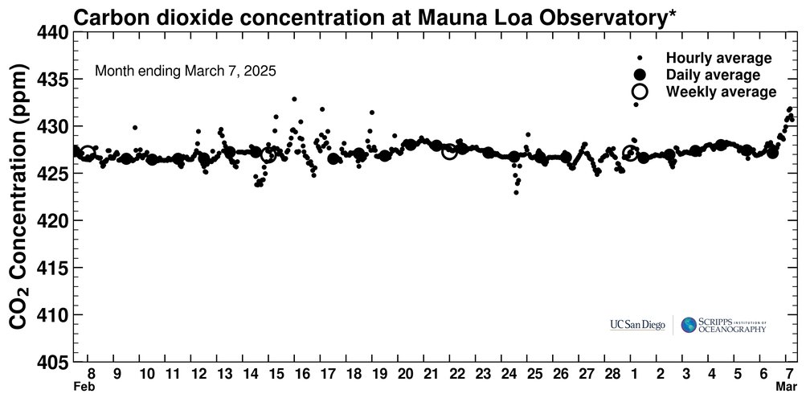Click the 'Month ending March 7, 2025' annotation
(x=186, y=71)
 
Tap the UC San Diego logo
(x=637, y=325)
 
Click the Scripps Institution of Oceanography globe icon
(x=689, y=325)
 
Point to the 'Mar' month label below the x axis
(x=786, y=387)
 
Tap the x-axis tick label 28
(x=612, y=374)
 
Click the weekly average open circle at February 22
(x=449, y=151)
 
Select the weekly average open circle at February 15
(x=268, y=154)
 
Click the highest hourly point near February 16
(x=294, y=99)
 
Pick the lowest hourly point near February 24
(x=516, y=192)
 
